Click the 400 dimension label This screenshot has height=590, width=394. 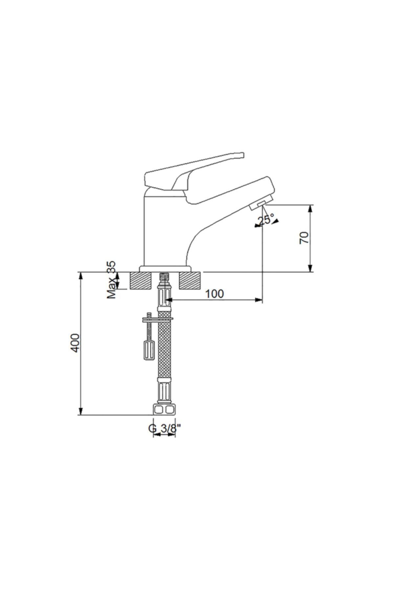pos(76,343)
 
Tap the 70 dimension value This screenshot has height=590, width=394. pos(305,238)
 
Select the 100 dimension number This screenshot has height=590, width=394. pos(214,294)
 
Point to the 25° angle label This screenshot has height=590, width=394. pos(266,220)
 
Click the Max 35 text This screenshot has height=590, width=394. pos(112,280)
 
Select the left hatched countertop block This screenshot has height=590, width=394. pos(141,281)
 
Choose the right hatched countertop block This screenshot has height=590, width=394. pos(189,281)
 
